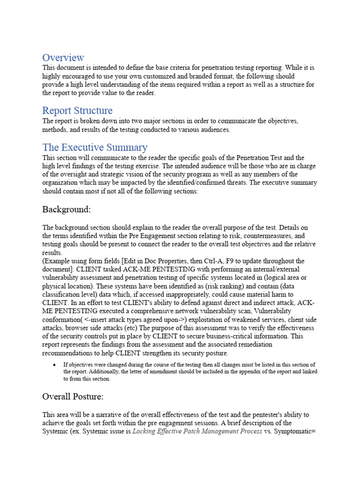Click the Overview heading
[63, 58]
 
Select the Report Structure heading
[77, 111]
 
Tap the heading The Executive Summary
[95, 147]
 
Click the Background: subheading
[67, 209]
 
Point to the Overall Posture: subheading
[73, 397]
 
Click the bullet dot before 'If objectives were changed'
[55, 365]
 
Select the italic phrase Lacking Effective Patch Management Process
[197, 431]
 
